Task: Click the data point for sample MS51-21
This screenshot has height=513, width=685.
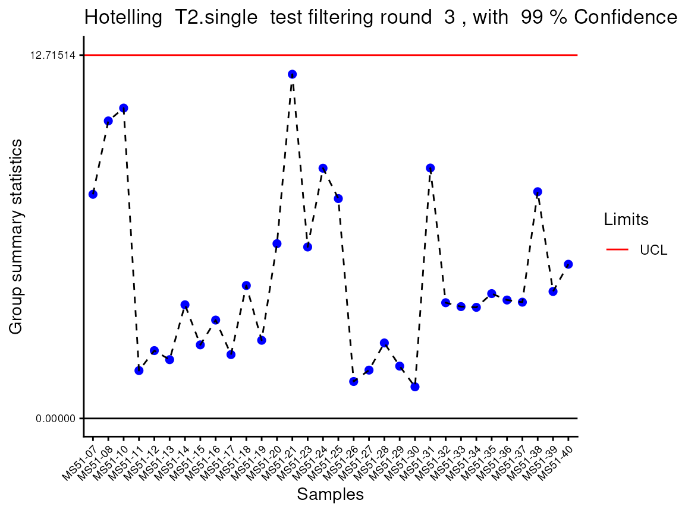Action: click(x=292, y=74)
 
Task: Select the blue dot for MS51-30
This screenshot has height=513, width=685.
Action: click(x=415, y=387)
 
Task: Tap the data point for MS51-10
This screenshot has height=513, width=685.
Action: click(x=124, y=108)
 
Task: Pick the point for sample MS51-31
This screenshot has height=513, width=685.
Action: click(x=431, y=168)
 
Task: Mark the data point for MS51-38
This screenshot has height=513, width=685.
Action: click(x=538, y=192)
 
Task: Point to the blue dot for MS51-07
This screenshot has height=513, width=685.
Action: click(x=93, y=194)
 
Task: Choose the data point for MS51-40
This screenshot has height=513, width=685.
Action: click(x=568, y=264)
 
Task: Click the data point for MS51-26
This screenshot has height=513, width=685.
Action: click(x=354, y=381)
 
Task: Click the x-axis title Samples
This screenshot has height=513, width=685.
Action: click(x=330, y=494)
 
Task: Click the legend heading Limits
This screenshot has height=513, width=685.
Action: click(x=626, y=220)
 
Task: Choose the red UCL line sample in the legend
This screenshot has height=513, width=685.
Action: click(x=617, y=250)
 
